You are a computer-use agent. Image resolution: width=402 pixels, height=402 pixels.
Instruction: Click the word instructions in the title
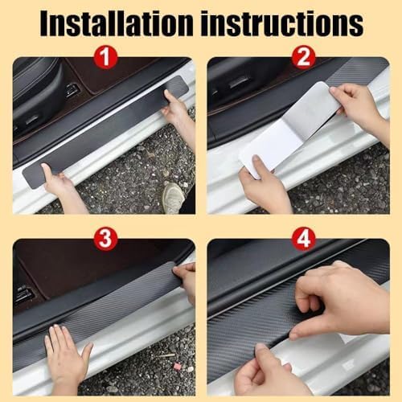point(282,23)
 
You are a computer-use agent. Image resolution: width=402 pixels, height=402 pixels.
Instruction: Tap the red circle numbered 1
point(105,57)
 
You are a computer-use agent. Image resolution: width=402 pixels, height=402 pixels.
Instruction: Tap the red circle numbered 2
point(303,57)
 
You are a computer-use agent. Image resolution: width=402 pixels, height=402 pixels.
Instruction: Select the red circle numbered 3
point(105,239)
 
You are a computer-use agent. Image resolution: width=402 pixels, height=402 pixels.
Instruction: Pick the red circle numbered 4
point(303,239)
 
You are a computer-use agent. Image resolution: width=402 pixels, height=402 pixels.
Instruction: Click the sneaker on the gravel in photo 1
point(174,197)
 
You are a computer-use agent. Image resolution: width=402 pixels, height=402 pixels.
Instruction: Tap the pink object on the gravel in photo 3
point(178,365)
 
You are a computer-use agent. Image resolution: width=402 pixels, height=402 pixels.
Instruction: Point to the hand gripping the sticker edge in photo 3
point(186,281)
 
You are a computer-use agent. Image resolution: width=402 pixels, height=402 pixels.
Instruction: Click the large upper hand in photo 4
point(340,300)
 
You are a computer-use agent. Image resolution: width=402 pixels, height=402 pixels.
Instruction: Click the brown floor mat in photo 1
point(113,74)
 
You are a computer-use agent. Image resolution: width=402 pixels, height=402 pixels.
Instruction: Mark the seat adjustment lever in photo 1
point(72,90)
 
